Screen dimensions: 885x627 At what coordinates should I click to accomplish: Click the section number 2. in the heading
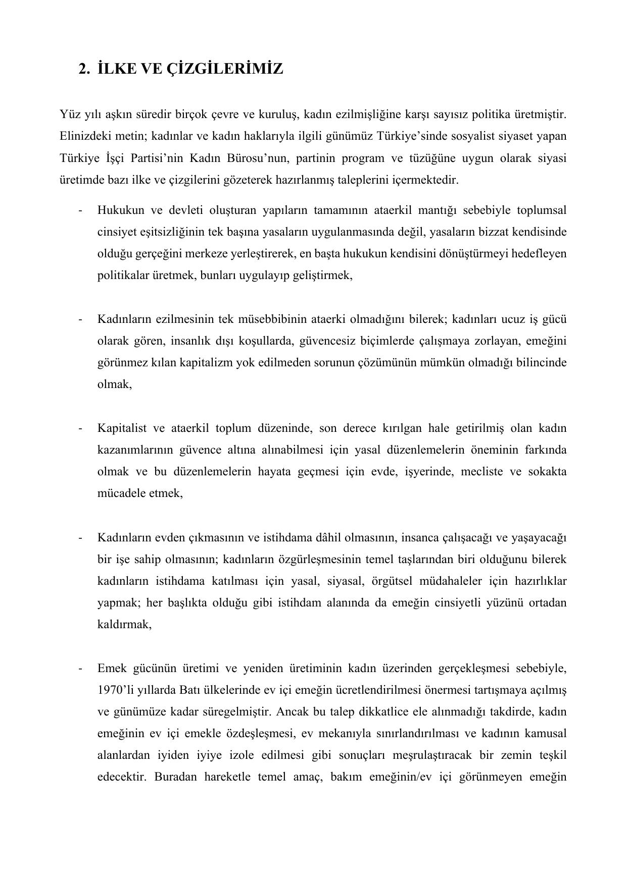tap(84, 69)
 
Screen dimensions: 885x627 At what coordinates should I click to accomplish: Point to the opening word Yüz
tap(68, 115)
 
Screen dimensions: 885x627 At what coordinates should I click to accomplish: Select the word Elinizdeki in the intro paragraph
tap(80, 137)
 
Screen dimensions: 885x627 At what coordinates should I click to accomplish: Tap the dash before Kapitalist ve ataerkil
tap(81, 428)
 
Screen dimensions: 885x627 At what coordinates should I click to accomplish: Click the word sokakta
tap(547, 472)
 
